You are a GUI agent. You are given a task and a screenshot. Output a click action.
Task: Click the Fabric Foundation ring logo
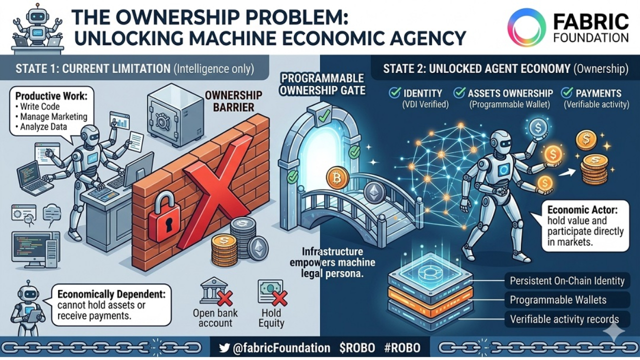526,27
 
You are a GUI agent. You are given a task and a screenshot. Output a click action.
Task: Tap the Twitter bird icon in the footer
224,348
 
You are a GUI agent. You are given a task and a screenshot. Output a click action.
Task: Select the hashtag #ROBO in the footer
402,348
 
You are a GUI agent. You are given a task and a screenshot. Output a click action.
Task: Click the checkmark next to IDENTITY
394,92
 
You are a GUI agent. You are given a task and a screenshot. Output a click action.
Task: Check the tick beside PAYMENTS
567,92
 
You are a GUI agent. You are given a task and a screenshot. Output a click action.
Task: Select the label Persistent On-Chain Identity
567,280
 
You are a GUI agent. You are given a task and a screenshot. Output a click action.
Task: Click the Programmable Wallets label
558,300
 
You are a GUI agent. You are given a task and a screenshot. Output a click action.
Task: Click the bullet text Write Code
39,106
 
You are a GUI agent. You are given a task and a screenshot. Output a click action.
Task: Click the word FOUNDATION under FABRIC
590,37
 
